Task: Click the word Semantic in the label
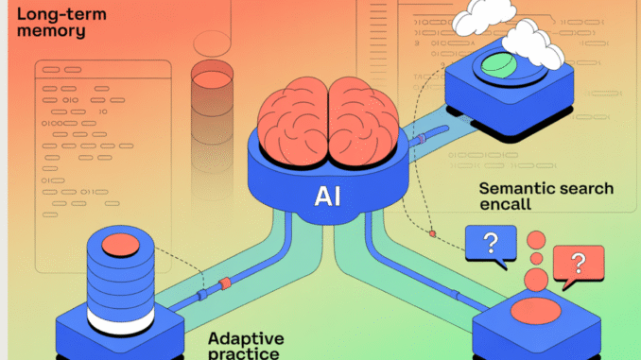pos(516,189)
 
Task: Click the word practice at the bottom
pos(244,352)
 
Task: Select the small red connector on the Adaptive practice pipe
pos(225,283)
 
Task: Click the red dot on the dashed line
pos(433,233)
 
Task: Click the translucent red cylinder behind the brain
pos(217,90)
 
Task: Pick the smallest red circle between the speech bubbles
pos(536,257)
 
